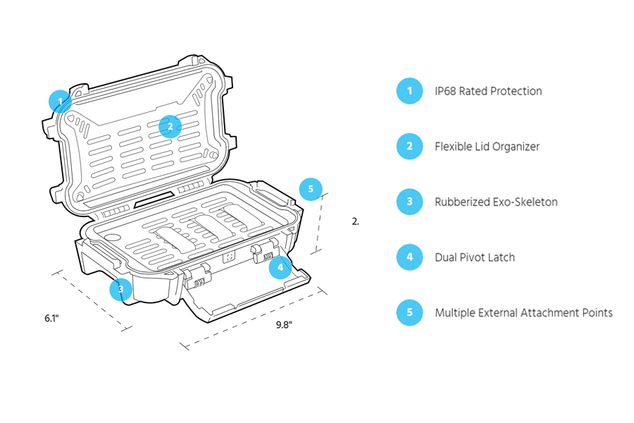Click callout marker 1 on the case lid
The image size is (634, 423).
click(61, 102)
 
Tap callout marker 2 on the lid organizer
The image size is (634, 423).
click(170, 126)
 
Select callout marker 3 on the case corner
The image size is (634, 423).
click(121, 288)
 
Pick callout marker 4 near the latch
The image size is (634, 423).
click(280, 267)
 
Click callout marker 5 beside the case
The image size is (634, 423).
click(311, 189)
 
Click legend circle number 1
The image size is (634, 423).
click(409, 91)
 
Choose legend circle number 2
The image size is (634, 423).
click(409, 147)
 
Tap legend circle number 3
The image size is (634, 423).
click(409, 202)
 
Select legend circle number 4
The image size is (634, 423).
click(409, 257)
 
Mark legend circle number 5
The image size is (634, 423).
click(409, 312)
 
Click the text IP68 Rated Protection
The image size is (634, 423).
click(488, 91)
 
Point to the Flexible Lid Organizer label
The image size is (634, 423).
click(487, 147)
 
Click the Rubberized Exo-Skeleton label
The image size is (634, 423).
click(496, 202)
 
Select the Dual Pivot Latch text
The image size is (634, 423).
click(475, 257)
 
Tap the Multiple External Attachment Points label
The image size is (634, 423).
click(523, 312)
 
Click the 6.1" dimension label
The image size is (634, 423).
click(51, 319)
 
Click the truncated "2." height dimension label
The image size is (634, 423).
click(355, 221)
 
